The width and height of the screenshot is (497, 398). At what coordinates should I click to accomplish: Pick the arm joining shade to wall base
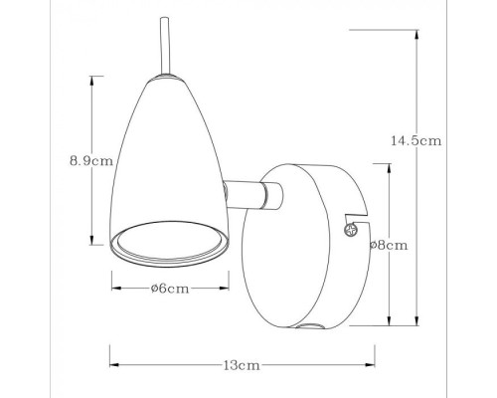pos(247,195)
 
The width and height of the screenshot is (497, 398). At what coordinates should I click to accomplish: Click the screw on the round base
pos(349,230)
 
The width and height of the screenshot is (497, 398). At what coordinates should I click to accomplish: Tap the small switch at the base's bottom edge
pos(312,327)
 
